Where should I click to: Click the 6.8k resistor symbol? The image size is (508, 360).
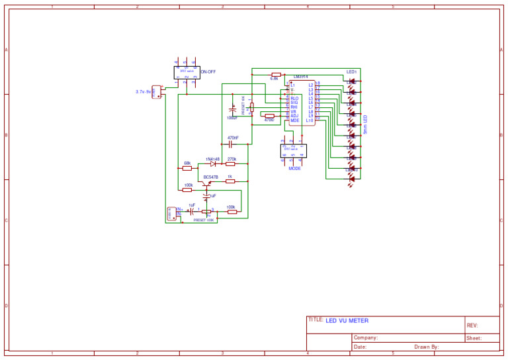pyautogui.click(x=276, y=74)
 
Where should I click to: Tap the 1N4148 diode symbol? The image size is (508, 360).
pyautogui.click(x=213, y=163)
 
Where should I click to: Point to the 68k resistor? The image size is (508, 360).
pyautogui.click(x=187, y=168)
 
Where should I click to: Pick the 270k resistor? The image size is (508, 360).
pyautogui.click(x=231, y=163)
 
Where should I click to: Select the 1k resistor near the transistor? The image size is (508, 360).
pyautogui.click(x=230, y=181)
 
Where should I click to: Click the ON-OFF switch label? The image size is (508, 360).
pyautogui.click(x=208, y=71)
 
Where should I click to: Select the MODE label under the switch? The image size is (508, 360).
pyautogui.click(x=294, y=169)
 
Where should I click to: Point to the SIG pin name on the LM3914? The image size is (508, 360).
pyautogui.click(x=294, y=103)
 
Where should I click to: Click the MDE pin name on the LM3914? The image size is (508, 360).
pyautogui.click(x=295, y=120)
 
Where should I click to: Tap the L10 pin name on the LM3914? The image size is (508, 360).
pyautogui.click(x=310, y=120)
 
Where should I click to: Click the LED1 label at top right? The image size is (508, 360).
pyautogui.click(x=351, y=71)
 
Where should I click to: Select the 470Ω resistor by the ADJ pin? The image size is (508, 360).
pyautogui.click(x=269, y=116)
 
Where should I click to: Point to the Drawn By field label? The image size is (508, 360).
pyautogui.click(x=427, y=347)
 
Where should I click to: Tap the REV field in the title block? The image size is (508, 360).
pyautogui.click(x=472, y=326)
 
